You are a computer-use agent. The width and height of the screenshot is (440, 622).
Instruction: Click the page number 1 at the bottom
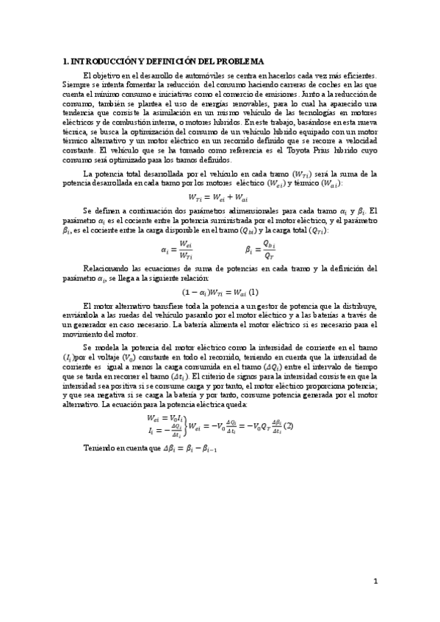(375, 582)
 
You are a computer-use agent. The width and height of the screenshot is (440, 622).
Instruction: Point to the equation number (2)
(289, 425)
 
